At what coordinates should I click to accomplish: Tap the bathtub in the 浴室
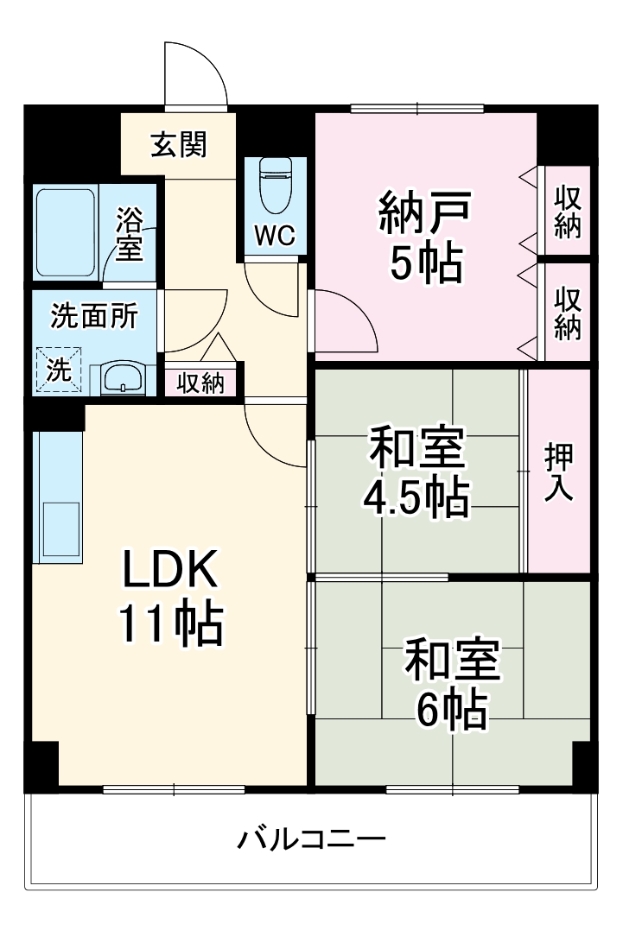click(x=66, y=233)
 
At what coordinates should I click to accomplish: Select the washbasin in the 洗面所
click(x=122, y=378)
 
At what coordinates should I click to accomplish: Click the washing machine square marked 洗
click(x=59, y=370)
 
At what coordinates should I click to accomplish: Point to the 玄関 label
click(x=179, y=145)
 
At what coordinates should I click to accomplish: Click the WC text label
click(x=275, y=236)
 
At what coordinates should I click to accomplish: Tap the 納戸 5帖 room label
click(x=425, y=236)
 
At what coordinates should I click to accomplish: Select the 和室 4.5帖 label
click(x=416, y=472)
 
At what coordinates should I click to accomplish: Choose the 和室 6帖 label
click(x=452, y=683)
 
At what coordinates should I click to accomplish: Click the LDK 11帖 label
click(x=171, y=598)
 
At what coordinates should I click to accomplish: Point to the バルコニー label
click(x=311, y=839)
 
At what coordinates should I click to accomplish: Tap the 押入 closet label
click(x=559, y=472)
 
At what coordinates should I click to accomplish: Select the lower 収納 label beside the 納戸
click(x=568, y=313)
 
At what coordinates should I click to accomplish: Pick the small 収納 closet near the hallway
click(x=200, y=383)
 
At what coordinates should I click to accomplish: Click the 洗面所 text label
click(x=94, y=315)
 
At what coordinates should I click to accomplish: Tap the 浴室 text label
click(x=129, y=234)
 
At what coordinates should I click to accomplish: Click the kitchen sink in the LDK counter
click(x=61, y=529)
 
